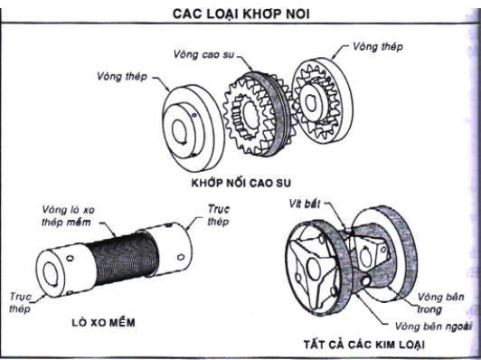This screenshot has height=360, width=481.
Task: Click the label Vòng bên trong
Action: (440, 300)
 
